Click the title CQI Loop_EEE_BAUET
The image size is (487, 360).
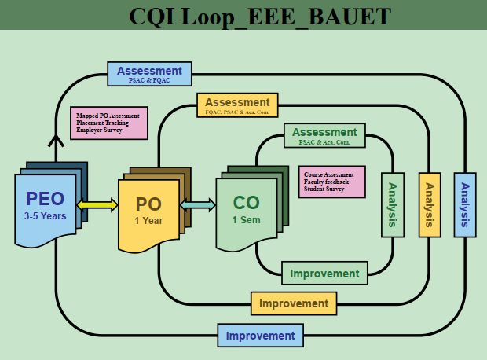click(259, 15)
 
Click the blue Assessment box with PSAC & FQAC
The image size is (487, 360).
click(149, 74)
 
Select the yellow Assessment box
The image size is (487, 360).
click(236, 105)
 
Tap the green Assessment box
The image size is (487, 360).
click(324, 135)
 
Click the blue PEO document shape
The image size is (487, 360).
click(46, 208)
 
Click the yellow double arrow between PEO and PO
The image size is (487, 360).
click(97, 205)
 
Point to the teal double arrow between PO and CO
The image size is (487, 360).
click(200, 205)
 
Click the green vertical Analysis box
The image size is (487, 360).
click(393, 204)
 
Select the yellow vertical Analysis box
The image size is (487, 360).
click(429, 204)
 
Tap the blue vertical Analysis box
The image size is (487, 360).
click(465, 204)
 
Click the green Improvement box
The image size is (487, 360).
click(324, 274)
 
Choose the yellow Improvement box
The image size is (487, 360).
click(294, 303)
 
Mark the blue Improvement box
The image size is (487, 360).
click(260, 336)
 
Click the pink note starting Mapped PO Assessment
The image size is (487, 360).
click(108, 123)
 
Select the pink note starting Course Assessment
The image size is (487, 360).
click(331, 182)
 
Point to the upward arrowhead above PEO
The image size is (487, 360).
click(56, 140)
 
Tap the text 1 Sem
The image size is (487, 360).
click(246, 220)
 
